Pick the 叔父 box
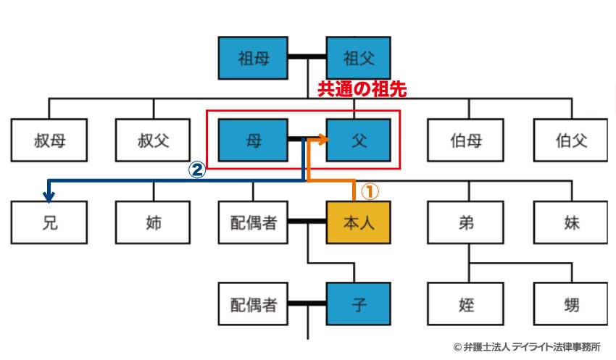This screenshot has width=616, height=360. [153, 140]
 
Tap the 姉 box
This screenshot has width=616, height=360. [153, 222]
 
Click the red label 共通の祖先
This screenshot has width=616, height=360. [362, 89]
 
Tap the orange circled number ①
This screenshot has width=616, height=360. [370, 191]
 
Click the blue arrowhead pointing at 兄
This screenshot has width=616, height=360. [48, 195]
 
